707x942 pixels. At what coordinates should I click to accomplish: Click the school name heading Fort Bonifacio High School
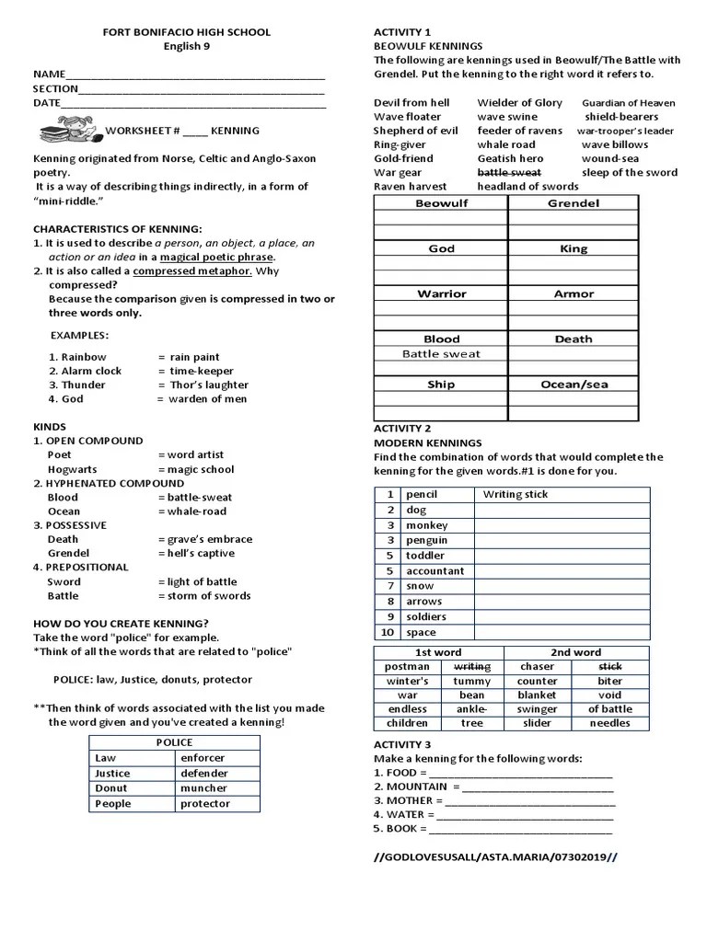click(x=186, y=32)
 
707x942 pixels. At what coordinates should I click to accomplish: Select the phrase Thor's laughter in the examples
click(x=209, y=385)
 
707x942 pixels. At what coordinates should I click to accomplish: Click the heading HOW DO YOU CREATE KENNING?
click(x=121, y=623)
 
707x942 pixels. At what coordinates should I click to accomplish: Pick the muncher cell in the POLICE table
click(x=203, y=788)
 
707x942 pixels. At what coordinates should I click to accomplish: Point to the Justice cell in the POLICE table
click(x=113, y=774)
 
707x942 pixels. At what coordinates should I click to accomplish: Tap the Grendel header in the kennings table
click(x=573, y=203)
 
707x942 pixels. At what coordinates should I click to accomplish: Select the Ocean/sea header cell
click(x=573, y=385)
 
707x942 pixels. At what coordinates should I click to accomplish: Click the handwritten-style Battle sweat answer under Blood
click(x=441, y=354)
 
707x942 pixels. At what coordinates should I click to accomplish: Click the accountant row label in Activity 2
click(x=435, y=570)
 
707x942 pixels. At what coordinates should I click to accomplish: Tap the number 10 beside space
click(x=387, y=632)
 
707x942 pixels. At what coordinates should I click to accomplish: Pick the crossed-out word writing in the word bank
click(x=472, y=666)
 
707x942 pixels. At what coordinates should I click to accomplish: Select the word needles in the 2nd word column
click(x=609, y=723)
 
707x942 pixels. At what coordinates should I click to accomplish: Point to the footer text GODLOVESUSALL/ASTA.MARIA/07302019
click(x=495, y=856)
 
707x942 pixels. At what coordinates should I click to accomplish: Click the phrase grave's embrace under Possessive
click(x=209, y=539)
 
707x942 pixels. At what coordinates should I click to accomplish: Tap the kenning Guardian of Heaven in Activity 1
click(x=628, y=103)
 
